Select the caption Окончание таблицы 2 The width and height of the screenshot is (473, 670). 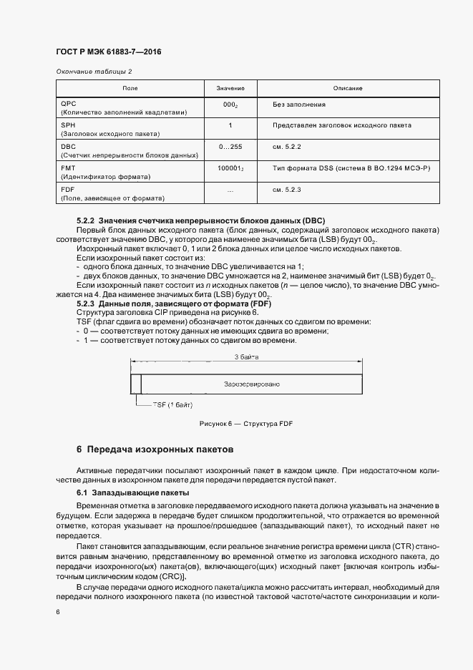pos(94,72)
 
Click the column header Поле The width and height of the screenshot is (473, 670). pos(130,88)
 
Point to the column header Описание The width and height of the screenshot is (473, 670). pos(348,88)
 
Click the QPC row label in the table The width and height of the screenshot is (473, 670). pos(69,104)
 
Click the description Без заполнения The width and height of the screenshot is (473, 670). pos(299,105)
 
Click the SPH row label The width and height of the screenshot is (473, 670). pos(69,125)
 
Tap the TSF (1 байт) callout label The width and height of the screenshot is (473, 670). pos(172,405)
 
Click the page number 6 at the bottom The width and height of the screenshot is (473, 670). pos(58,612)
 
